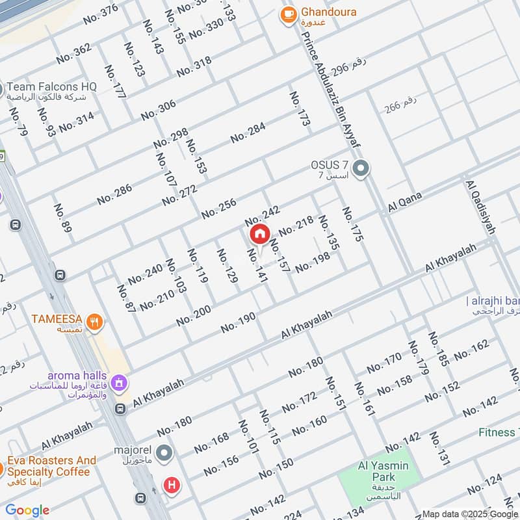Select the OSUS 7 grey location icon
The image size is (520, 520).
point(363,170)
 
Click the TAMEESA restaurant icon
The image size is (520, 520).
point(95,322)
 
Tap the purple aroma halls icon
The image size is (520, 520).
point(119,383)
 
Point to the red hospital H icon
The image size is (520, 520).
point(172,484)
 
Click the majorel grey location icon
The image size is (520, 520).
point(165,452)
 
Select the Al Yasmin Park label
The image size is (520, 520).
point(383,465)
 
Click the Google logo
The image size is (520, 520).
point(27,510)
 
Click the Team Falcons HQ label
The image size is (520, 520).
point(52,86)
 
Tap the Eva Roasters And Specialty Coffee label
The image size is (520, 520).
point(52,465)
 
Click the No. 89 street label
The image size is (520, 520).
point(61,220)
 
